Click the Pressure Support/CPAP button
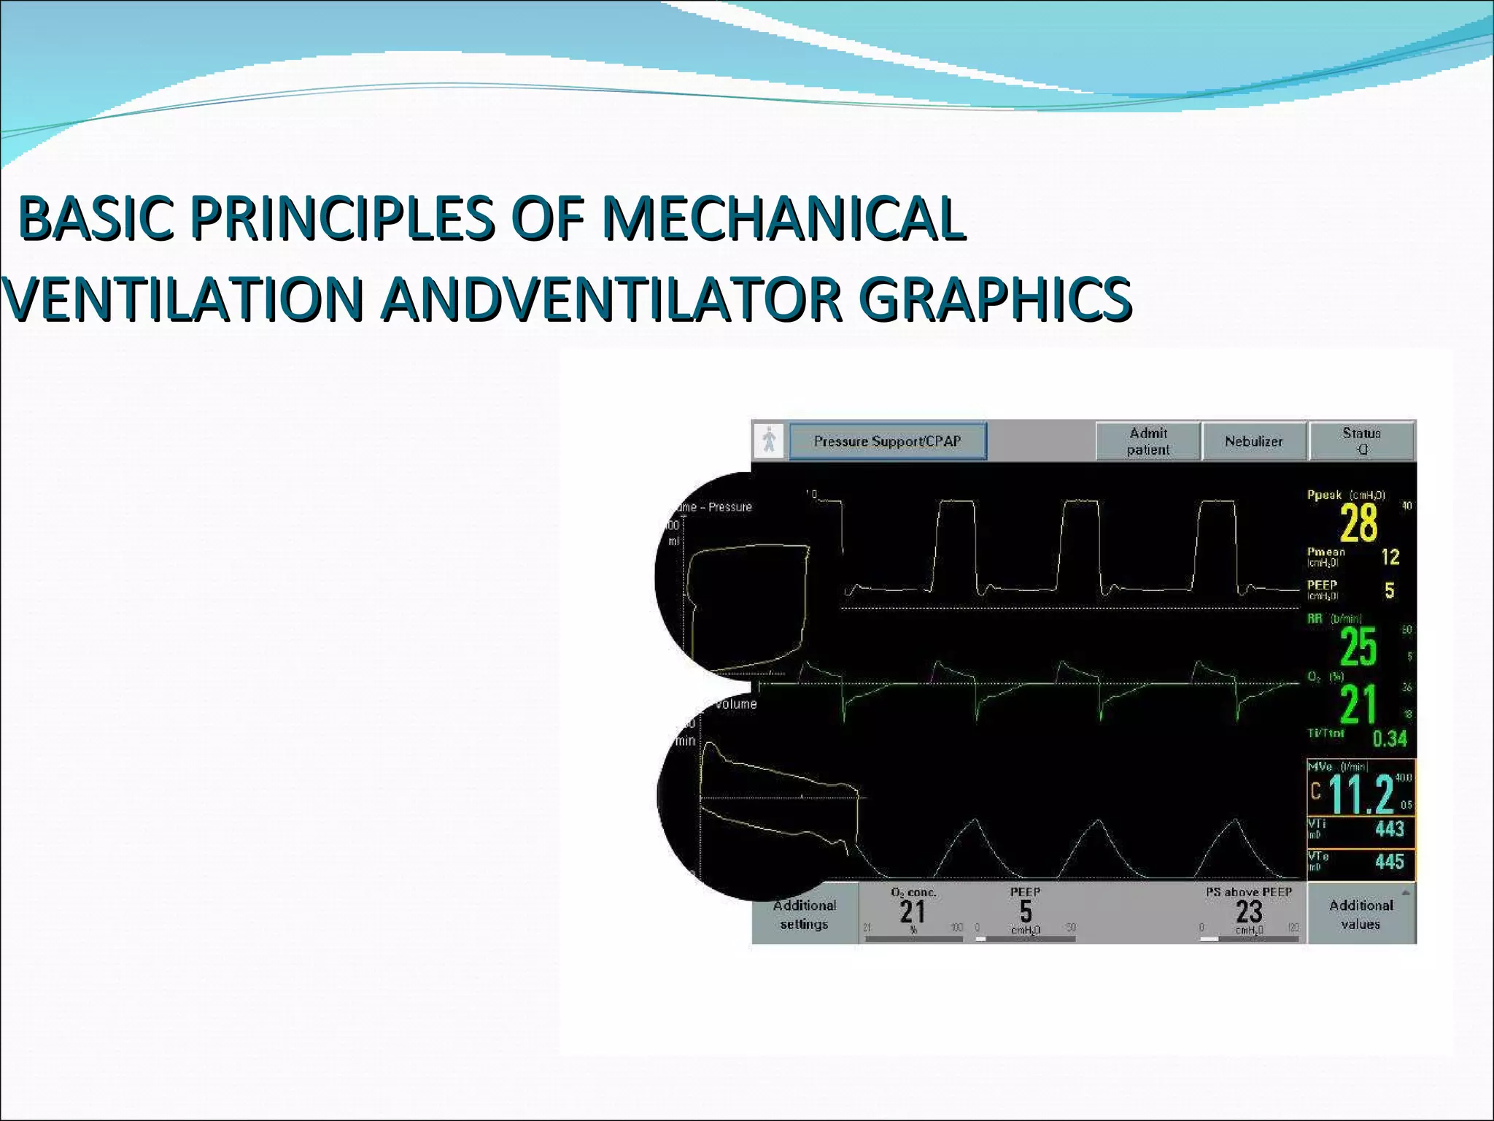[x=887, y=442]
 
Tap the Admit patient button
[x=1147, y=442]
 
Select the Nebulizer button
[x=1253, y=442]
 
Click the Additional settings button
[x=804, y=914]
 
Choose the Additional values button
[x=1361, y=914]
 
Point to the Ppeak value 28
[x=1358, y=523]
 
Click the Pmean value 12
[x=1390, y=558]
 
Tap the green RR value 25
[x=1358, y=647]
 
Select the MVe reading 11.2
[x=1361, y=794]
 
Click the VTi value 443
[x=1389, y=829]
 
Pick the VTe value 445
[x=1389, y=862]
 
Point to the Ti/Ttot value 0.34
[x=1389, y=739]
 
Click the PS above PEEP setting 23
[x=1249, y=912]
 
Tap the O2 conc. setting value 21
[x=913, y=912]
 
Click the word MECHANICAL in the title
[x=781, y=218]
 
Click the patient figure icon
[x=769, y=441]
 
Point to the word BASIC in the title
[x=96, y=218]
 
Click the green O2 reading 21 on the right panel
[x=1358, y=704]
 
